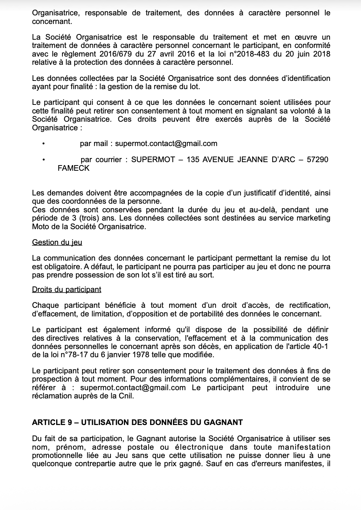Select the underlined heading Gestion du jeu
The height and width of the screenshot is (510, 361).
click(57, 242)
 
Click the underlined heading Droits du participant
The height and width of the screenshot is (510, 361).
click(67, 289)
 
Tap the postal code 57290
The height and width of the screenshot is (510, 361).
click(317, 160)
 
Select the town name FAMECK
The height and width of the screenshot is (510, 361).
click(73, 168)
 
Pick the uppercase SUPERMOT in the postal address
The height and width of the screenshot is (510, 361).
click(153, 160)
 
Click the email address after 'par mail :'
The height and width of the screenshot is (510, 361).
click(166, 143)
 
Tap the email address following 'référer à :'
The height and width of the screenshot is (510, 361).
click(133, 388)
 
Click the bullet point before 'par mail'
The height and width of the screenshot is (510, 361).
click(44, 144)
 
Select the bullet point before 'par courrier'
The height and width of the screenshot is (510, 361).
click(44, 160)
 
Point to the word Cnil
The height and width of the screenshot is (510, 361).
click(125, 396)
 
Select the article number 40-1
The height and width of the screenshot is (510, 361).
click(320, 346)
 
